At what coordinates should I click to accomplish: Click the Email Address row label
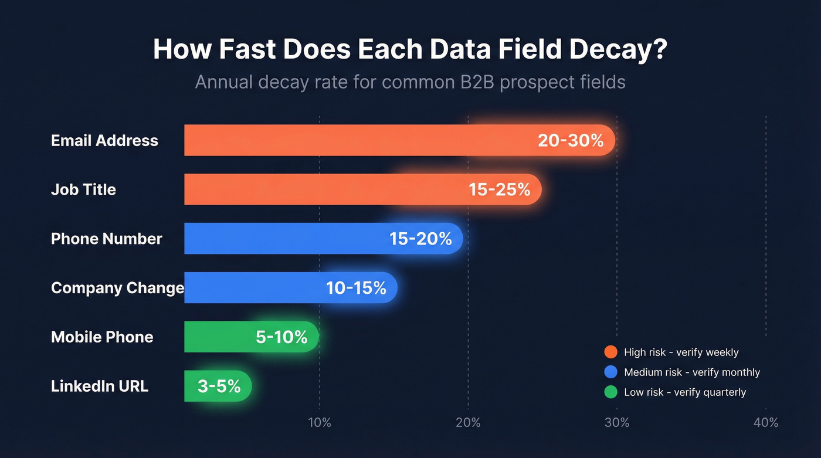(x=104, y=141)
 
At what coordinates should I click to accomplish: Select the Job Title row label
(x=83, y=189)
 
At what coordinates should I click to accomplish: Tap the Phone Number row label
(x=107, y=239)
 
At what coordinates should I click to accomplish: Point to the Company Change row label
(x=117, y=288)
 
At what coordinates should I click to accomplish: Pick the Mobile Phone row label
(x=102, y=337)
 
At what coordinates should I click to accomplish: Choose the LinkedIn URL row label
(x=100, y=386)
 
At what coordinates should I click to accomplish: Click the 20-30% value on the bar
(x=570, y=141)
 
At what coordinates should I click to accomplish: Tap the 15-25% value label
(x=500, y=189)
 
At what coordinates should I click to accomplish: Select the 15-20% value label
(x=420, y=239)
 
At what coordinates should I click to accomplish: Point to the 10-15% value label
(x=356, y=288)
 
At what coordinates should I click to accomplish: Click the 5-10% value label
(x=281, y=337)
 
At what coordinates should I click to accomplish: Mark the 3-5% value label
(x=219, y=386)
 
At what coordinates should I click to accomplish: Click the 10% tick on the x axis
(x=320, y=423)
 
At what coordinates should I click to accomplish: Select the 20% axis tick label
(x=468, y=423)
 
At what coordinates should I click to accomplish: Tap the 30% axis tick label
(x=617, y=423)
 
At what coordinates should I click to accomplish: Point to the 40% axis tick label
(x=766, y=423)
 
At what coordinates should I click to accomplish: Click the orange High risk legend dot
(x=610, y=352)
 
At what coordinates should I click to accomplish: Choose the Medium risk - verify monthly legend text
(x=692, y=372)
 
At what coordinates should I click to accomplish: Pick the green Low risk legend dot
(x=610, y=392)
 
